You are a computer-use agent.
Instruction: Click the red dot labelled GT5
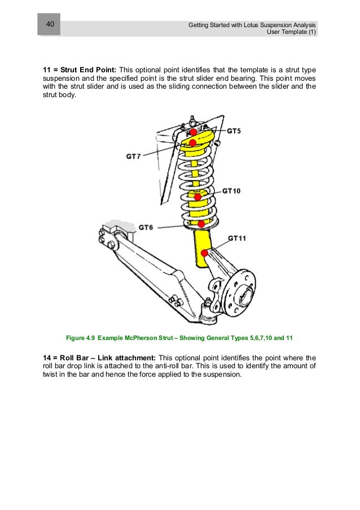(x=193, y=132)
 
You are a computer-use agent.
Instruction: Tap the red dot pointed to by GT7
(x=192, y=142)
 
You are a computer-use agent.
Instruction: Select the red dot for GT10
(x=197, y=197)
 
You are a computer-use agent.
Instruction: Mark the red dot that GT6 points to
(x=200, y=224)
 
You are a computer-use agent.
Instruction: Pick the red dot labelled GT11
(x=204, y=252)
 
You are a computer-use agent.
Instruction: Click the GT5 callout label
(x=234, y=131)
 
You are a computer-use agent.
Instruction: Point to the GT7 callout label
(x=133, y=156)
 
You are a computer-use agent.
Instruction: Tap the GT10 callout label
(x=231, y=191)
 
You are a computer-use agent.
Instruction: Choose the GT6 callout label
(x=146, y=227)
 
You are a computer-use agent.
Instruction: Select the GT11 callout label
(x=237, y=238)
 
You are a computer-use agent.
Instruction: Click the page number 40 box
(x=50, y=25)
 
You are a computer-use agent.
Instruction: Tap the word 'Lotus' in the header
(x=251, y=25)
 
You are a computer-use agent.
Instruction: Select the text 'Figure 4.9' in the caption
(x=80, y=338)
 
